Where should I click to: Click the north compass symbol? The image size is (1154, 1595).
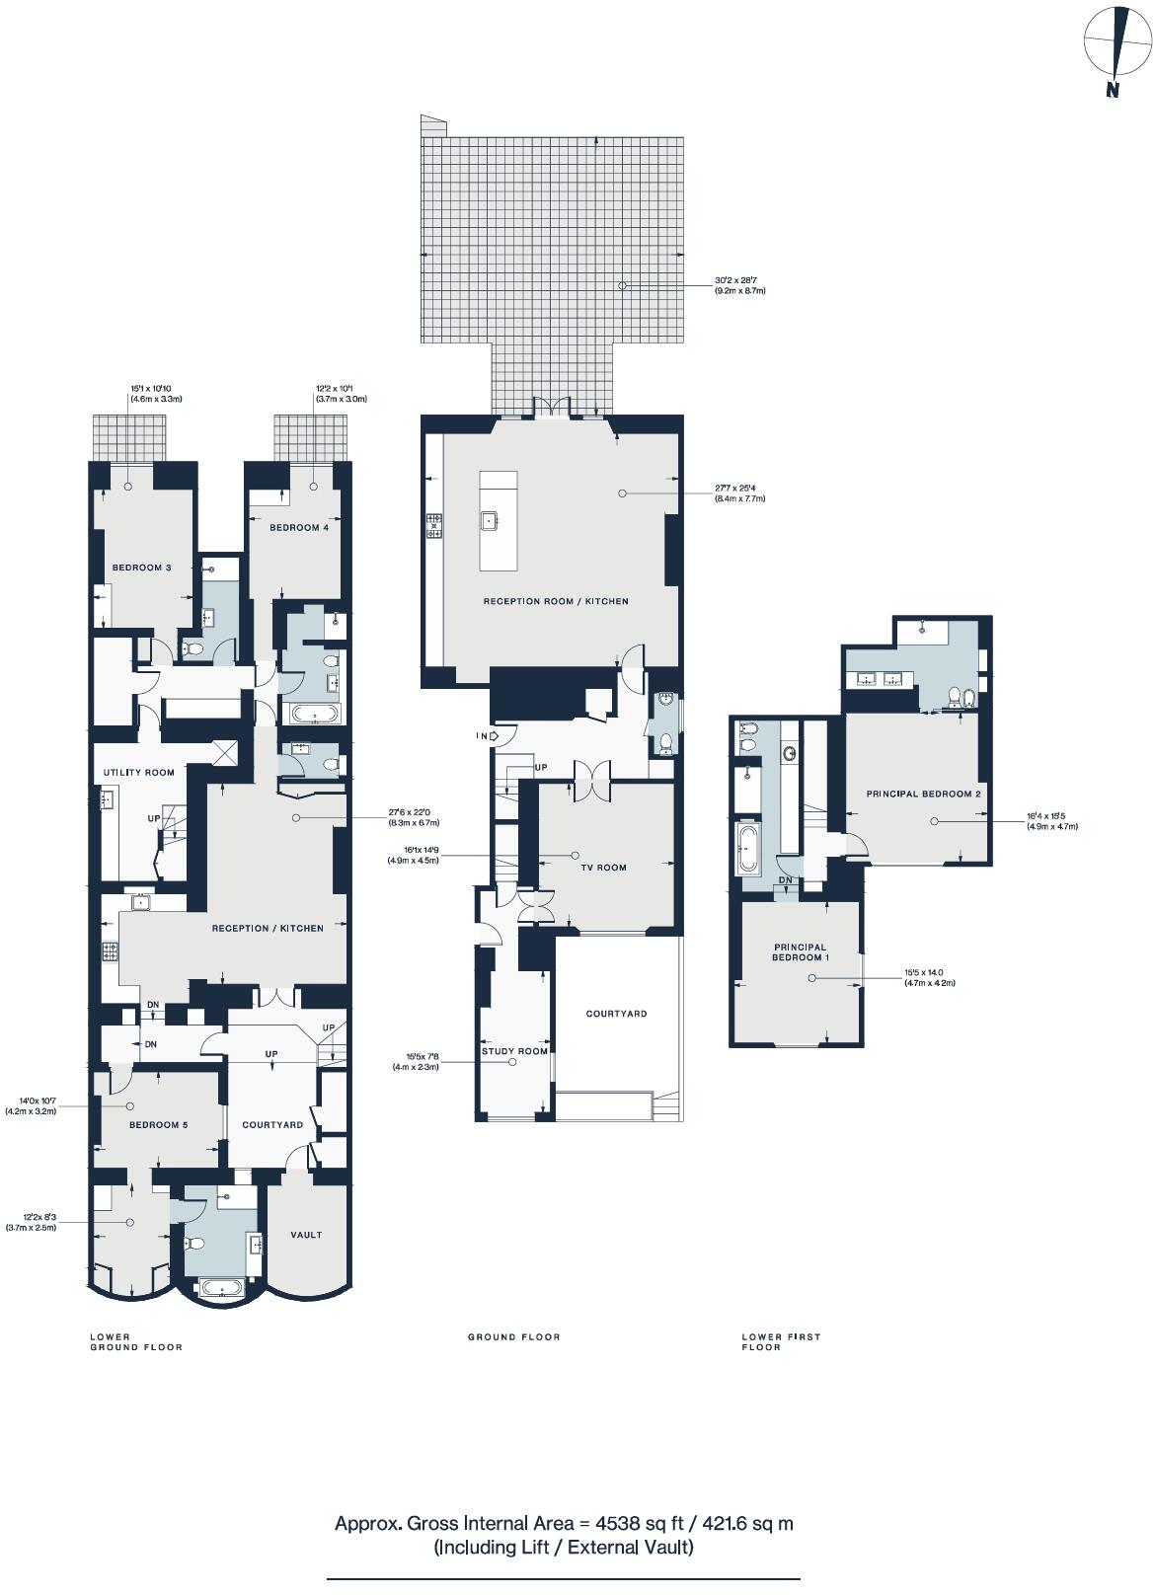tap(1117, 47)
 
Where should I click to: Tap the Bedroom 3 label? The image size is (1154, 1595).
tap(142, 568)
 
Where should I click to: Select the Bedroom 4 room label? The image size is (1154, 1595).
tap(299, 528)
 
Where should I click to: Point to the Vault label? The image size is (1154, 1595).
tap(306, 1235)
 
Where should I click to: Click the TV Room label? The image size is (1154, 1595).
tap(603, 868)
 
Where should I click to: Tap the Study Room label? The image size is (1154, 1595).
tap(514, 1051)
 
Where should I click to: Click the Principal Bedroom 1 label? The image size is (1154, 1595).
tap(800, 952)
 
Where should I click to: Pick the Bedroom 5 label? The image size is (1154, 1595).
tap(158, 1125)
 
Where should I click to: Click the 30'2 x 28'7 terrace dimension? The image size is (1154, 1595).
tap(739, 285)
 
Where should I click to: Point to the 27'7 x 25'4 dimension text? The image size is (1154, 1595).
tap(739, 493)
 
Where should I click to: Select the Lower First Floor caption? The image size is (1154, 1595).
tap(781, 1341)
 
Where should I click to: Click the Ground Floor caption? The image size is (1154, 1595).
tap(513, 1337)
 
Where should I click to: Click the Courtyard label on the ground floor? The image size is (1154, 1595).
tap(616, 1014)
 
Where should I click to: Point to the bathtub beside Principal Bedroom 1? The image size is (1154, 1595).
tap(747, 850)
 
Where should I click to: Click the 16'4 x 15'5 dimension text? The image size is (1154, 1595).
tap(1051, 821)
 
